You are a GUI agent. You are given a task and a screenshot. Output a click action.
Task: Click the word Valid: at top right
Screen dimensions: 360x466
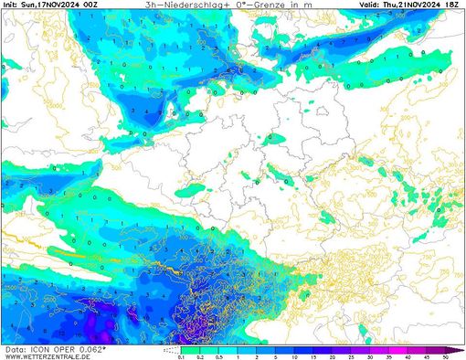368,5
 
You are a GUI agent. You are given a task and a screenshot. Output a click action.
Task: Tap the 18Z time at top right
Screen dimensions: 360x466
457,5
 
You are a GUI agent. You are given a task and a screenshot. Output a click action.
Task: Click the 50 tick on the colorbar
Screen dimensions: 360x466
443,356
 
